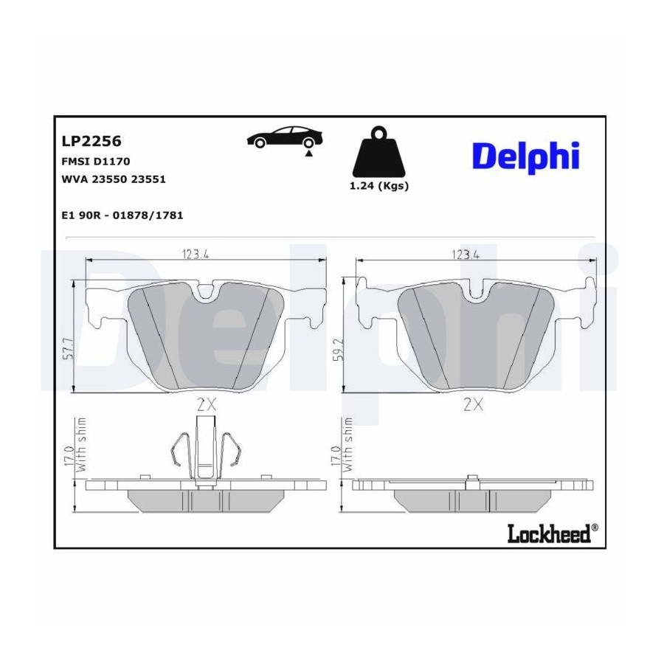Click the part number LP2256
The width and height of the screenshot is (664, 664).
pyautogui.click(x=91, y=141)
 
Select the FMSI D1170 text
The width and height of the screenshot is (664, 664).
pyautogui.click(x=96, y=162)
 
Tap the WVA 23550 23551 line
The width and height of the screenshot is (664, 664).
pyautogui.click(x=114, y=179)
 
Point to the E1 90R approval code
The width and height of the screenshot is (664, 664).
pyautogui.click(x=122, y=215)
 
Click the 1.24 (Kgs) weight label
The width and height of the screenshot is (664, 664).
pyautogui.click(x=379, y=185)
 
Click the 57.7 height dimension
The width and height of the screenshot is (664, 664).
pyautogui.click(x=68, y=348)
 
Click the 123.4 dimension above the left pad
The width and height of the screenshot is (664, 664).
pyautogui.click(x=196, y=254)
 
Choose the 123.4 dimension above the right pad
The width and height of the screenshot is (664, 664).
pyautogui.click(x=466, y=254)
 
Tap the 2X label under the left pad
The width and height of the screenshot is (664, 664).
pyautogui.click(x=207, y=405)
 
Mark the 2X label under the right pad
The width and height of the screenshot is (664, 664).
pyautogui.click(x=474, y=405)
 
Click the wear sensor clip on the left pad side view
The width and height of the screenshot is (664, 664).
pyautogui.click(x=207, y=451)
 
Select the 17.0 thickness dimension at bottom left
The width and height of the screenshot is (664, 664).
pyautogui.click(x=69, y=457)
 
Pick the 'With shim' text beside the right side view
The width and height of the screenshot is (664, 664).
pyautogui.click(x=347, y=444)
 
